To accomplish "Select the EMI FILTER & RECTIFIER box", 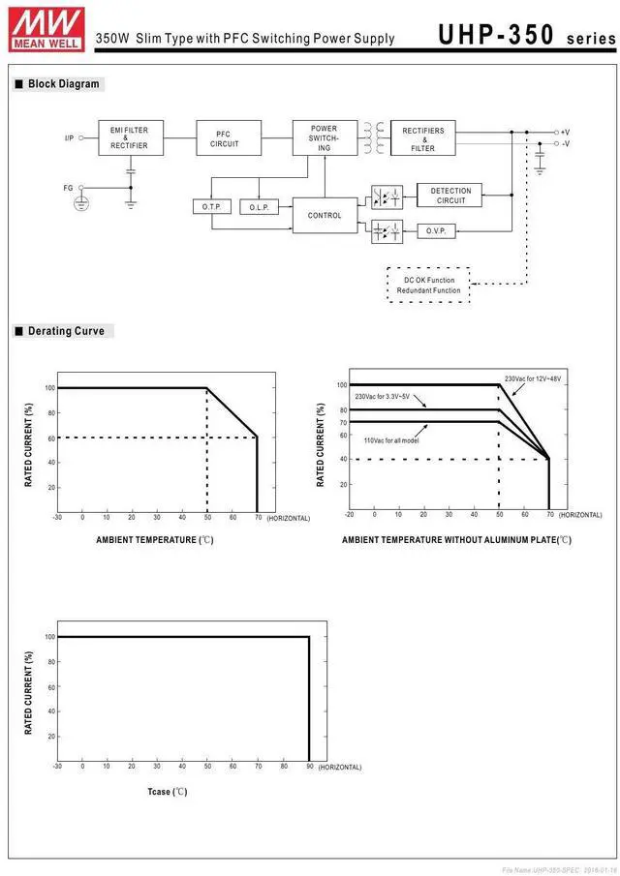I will coord(129,137).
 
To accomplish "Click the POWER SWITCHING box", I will coord(324,137).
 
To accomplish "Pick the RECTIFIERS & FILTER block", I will coord(422,138).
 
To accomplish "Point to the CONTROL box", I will coord(325,215).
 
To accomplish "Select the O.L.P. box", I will coord(259,207).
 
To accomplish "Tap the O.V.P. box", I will coord(436,230).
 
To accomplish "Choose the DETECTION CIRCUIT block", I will coord(450,196).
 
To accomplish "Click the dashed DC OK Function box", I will coord(428,286).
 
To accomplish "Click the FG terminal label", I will coord(68,188).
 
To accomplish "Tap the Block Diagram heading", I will coord(63,84).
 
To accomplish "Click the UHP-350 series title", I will coord(526,35).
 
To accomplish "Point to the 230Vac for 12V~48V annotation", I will coord(533,378).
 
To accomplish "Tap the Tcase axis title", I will coord(167,792).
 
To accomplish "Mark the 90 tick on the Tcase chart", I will coord(309,767).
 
